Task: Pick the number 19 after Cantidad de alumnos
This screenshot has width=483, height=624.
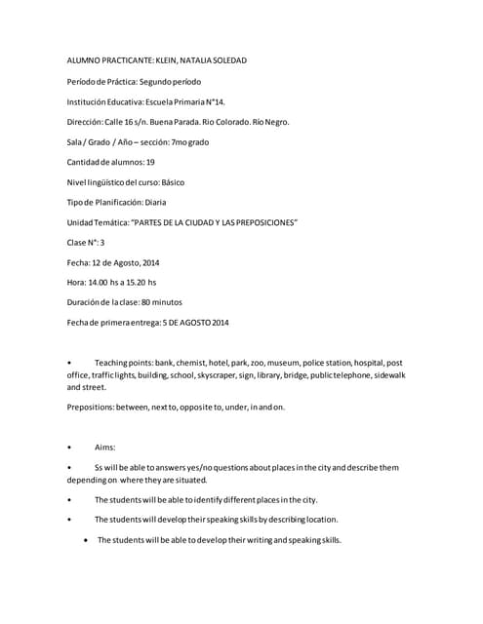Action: [149, 162]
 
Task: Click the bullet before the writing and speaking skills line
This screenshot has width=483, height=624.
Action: [88, 540]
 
